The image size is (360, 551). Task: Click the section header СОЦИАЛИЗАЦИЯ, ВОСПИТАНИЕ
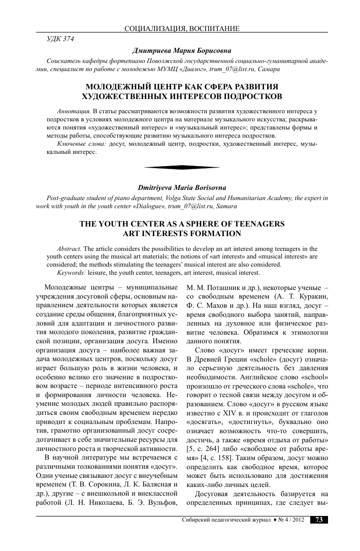182,28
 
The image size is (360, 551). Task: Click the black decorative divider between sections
182,167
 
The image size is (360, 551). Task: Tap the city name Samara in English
225,207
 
